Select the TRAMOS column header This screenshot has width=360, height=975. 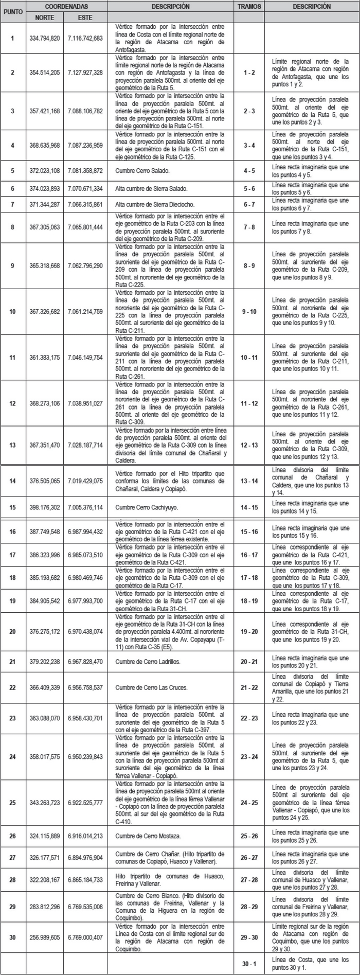[249, 7]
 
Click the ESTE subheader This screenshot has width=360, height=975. [85, 17]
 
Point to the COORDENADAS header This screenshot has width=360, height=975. [66, 7]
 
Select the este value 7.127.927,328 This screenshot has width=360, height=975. [85, 73]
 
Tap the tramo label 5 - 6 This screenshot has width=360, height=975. [249, 189]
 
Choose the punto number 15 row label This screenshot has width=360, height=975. [13, 507]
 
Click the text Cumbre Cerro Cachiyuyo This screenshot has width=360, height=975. [147, 507]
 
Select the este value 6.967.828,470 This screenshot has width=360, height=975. [85, 662]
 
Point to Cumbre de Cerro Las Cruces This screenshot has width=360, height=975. [151, 687]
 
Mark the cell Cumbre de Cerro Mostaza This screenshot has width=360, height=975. [148, 836]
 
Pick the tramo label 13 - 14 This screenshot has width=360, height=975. [249, 481]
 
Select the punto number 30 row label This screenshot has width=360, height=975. [13, 937]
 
